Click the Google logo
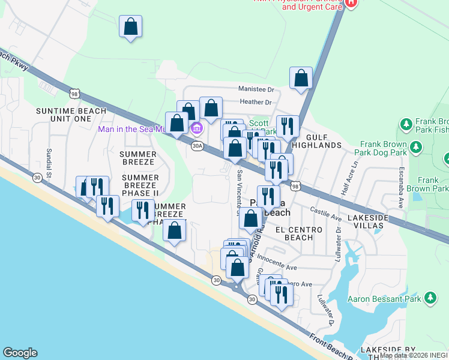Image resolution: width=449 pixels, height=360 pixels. coord(20,353)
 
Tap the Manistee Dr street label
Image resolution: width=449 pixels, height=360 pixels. coord(256,89)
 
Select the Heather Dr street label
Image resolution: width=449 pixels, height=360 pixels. coord(256,103)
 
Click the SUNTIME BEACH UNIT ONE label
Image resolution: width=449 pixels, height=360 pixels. coord(71,115)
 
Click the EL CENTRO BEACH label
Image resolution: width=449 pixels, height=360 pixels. coord(294,233)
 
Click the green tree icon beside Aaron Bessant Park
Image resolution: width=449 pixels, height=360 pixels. coord(430,298)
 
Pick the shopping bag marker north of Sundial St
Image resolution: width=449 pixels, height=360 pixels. coord(131,27)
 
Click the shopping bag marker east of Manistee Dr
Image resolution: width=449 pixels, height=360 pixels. coord(301,79)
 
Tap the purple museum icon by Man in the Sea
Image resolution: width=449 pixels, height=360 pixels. coord(196,128)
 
